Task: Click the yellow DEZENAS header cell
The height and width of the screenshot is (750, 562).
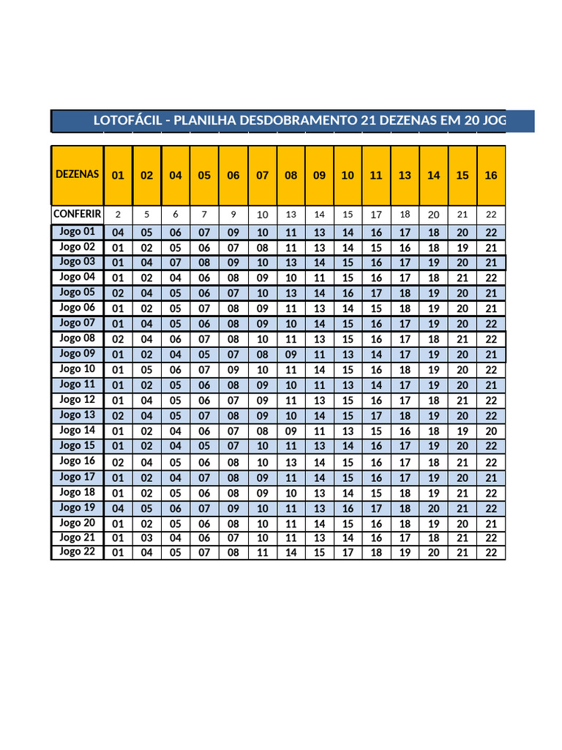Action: (77, 175)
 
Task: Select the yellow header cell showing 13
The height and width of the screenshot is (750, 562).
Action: (405, 176)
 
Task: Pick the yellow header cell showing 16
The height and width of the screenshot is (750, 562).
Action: (491, 176)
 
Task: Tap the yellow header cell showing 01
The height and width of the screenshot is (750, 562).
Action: (118, 176)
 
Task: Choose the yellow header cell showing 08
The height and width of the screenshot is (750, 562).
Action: (291, 176)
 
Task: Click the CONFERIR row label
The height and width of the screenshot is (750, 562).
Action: (77, 214)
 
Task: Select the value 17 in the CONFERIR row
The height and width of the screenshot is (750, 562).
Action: (376, 215)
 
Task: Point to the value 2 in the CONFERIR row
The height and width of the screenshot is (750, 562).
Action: (118, 215)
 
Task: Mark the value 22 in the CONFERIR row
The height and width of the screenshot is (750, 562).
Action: (491, 215)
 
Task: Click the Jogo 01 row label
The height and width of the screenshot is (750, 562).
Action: (77, 231)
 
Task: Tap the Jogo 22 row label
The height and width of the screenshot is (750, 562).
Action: (77, 552)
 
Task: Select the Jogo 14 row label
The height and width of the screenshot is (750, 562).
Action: (77, 430)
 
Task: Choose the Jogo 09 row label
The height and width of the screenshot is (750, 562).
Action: (77, 353)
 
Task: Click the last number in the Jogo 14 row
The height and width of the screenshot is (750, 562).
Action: (491, 431)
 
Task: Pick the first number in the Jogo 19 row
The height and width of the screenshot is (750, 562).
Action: (118, 508)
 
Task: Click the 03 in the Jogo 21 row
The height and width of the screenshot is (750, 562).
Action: (147, 538)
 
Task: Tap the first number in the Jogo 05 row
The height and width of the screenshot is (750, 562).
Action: (118, 293)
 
